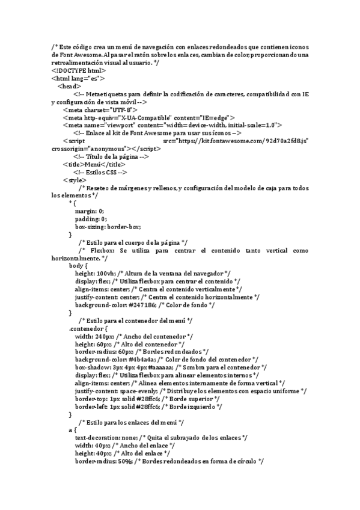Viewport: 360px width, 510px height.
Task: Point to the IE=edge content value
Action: (215, 117)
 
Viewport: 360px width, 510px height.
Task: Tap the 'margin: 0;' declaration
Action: (89, 211)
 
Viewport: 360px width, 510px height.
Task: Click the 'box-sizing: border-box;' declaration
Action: (108, 227)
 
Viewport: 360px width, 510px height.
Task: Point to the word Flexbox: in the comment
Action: (103, 250)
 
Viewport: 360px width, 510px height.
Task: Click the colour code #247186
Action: (142, 305)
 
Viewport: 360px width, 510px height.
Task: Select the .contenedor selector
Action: (88, 328)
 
